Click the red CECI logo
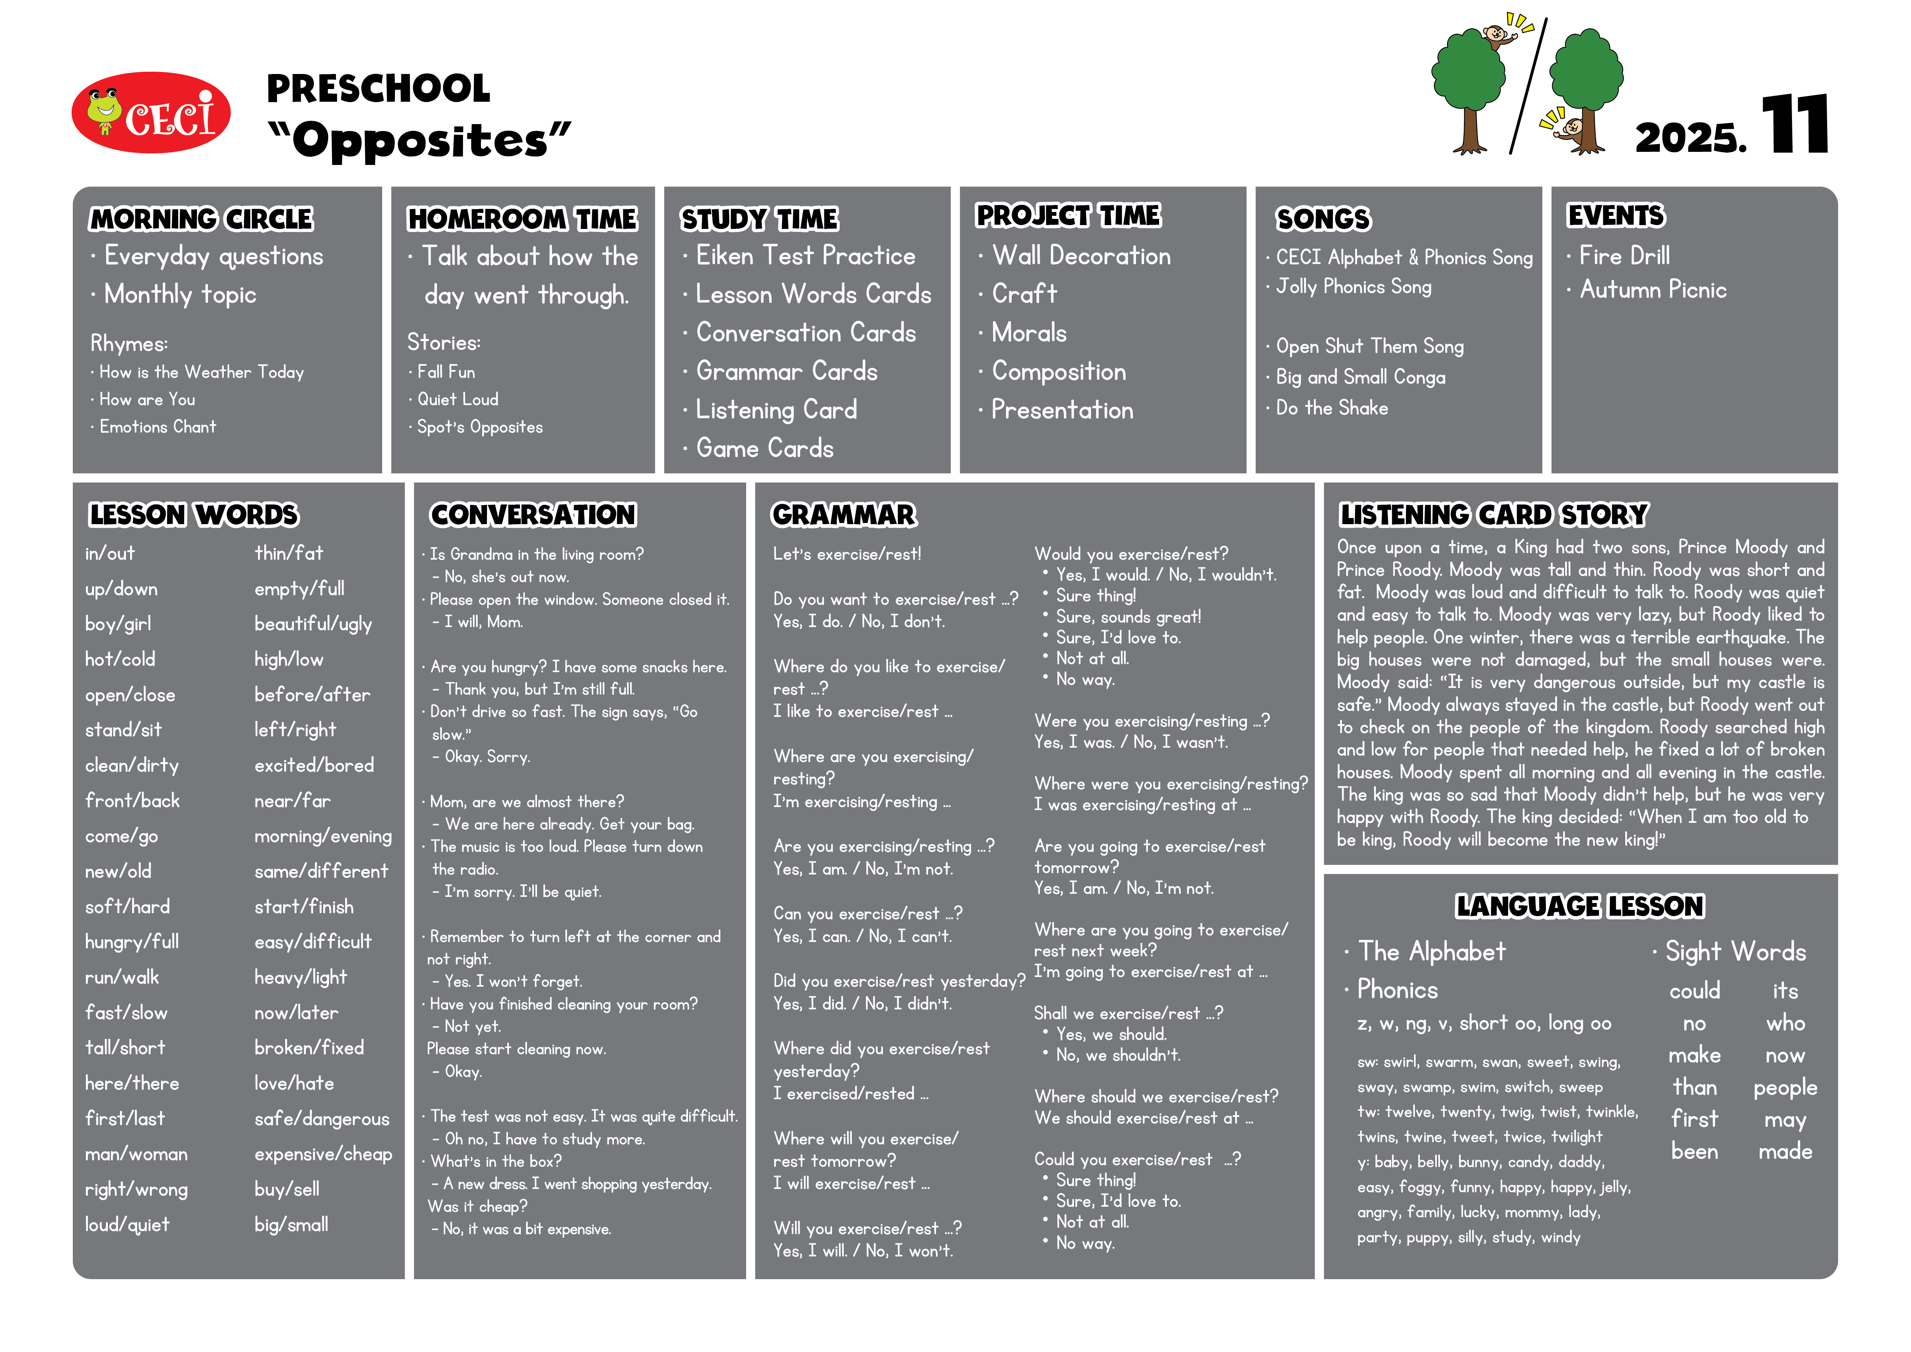[151, 113]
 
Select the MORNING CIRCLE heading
[201, 219]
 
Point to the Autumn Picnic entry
[1653, 290]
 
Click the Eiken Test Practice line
[805, 256]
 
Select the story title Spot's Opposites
[480, 427]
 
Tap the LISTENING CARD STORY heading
[1493, 515]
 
